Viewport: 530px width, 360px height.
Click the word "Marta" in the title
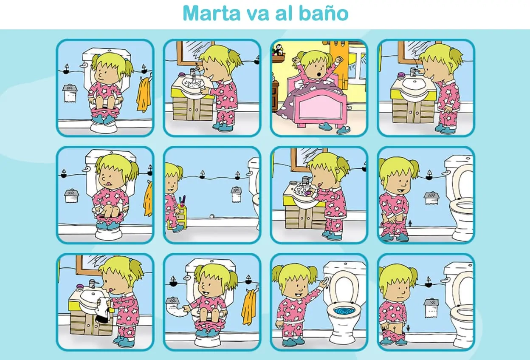click(x=212, y=13)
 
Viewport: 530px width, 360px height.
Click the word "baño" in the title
click(x=324, y=13)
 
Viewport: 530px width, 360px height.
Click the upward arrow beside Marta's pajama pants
click(x=410, y=223)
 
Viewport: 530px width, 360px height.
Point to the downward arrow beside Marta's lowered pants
click(x=408, y=329)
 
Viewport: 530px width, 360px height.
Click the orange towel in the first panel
click(x=144, y=96)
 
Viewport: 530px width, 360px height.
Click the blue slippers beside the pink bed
click(x=334, y=128)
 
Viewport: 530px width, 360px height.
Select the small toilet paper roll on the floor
click(x=212, y=216)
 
